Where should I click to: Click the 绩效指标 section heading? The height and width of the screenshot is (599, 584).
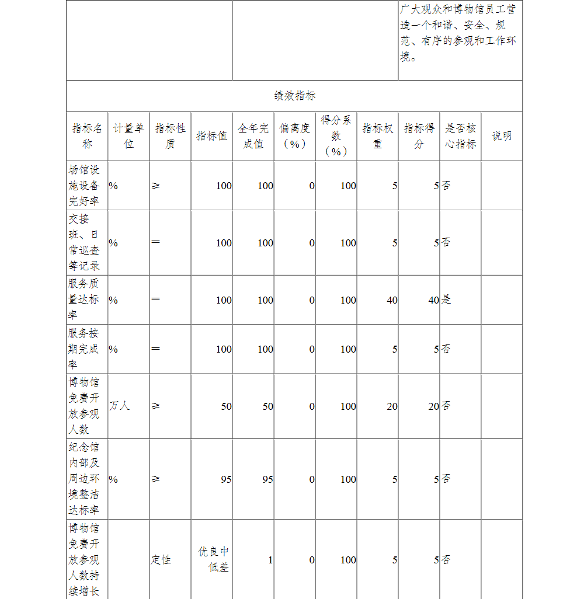coord(295,96)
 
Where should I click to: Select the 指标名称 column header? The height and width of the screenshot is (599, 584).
coord(86,136)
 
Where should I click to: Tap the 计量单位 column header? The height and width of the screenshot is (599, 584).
coord(128,136)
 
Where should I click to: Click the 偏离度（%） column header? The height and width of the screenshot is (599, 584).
coord(294,136)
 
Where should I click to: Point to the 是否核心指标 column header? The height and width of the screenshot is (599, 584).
coord(460,136)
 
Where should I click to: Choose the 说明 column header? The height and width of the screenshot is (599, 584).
coord(501,136)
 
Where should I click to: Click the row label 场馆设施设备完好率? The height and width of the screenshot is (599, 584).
coord(84,186)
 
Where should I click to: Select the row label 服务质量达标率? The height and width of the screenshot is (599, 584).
coord(84,299)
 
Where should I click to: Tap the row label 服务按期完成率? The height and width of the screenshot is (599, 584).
coord(84,349)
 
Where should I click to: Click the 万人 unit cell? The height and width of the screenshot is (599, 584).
coord(119,406)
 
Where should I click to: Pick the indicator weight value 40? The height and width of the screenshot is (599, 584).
coord(392,300)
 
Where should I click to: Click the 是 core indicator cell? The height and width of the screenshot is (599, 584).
coord(446,300)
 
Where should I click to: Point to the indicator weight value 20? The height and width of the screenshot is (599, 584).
coord(392,406)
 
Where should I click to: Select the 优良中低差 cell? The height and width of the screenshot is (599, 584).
coord(213,559)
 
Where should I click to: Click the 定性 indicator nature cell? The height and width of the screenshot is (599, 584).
coord(161,560)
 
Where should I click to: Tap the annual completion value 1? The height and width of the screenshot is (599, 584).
coord(270,560)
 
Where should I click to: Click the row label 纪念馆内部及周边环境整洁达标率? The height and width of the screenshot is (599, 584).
coord(84,479)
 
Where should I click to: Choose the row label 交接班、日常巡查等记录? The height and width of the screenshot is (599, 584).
coord(84,242)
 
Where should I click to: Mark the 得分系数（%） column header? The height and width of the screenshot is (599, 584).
coord(336,136)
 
